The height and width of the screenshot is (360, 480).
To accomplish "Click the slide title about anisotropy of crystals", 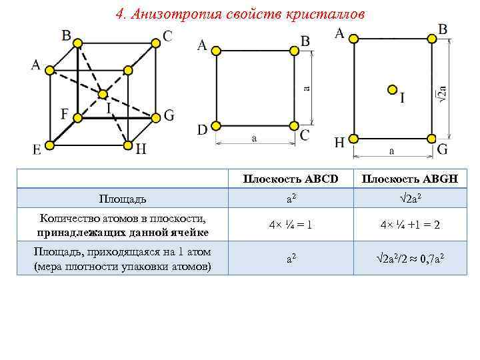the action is tap(241, 15).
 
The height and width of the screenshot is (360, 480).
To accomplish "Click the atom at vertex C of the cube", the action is tap(155, 44).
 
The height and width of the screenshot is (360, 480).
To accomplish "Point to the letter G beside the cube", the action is tap(169, 115).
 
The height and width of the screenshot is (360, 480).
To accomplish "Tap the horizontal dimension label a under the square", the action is tap(254, 138).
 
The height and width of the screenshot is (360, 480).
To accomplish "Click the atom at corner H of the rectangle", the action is tap(353, 139).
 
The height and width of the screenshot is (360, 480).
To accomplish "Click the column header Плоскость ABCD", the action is tap(290, 179).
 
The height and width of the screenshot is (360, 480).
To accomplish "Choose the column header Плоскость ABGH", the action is tap(410, 179).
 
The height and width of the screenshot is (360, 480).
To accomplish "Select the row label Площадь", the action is tap(123, 199).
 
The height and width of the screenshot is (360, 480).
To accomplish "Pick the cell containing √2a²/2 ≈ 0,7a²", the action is tap(410, 258).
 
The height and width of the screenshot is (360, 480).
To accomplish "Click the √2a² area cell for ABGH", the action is tap(410, 199).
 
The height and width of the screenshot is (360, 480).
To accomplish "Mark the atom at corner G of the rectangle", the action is tap(431, 139).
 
